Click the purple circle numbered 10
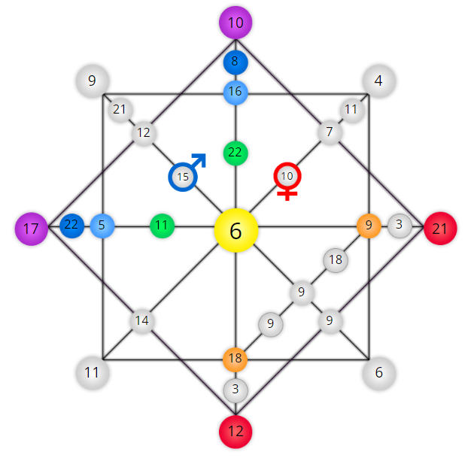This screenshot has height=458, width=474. (235, 23)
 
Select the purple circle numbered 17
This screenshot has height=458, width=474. (32, 229)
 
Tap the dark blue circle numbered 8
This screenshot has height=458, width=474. (235, 62)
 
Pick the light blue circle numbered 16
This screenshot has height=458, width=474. (235, 93)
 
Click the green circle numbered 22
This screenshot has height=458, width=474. (235, 153)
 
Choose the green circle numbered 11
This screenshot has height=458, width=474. (162, 226)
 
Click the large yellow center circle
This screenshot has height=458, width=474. (235, 230)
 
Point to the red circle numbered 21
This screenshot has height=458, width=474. (440, 229)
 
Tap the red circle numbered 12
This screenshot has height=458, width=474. (235, 432)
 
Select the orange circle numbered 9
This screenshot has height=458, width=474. (369, 226)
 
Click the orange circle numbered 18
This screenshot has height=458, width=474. (235, 359)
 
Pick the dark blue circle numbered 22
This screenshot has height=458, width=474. (72, 226)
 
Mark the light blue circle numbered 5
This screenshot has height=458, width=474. (102, 226)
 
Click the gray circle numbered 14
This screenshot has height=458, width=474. (142, 321)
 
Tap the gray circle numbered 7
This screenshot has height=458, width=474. (330, 132)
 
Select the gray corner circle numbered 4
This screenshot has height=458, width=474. (379, 81)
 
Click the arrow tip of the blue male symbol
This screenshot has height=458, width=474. (204, 155)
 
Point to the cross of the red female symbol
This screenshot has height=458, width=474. (287, 193)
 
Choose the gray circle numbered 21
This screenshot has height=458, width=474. (120, 110)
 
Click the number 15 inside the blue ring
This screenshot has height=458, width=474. (183, 177)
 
